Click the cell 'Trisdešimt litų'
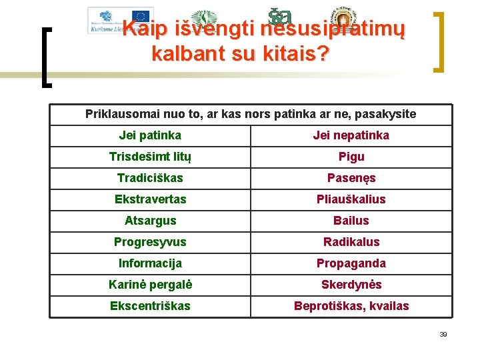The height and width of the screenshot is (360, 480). point(150,157)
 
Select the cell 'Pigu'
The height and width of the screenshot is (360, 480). point(351,157)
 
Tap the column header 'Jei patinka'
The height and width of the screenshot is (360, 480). point(150,135)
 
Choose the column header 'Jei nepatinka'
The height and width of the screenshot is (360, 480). point(351,135)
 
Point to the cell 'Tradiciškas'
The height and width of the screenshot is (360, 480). point(150,178)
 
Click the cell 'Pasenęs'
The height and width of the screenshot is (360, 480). point(351,178)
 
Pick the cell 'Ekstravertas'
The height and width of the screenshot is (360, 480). point(150,199)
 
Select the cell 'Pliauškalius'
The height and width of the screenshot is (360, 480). point(351,199)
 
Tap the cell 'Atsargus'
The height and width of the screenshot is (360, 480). point(150,221)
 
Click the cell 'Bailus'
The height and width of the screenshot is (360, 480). point(351,221)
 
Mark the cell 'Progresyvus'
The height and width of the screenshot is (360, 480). point(150,242)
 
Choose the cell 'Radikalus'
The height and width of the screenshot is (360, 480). point(351,242)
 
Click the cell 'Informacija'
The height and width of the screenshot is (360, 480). point(150,263)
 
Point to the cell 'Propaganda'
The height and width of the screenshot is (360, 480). point(351,263)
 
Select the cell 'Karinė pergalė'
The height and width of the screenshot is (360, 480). point(150,285)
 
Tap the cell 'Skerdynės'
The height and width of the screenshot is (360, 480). point(351,285)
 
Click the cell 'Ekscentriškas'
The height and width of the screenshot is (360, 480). point(150,306)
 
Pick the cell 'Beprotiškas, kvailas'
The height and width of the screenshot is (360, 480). point(351,306)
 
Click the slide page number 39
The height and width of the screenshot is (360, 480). point(443,334)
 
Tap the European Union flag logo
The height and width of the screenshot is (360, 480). point(141,16)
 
